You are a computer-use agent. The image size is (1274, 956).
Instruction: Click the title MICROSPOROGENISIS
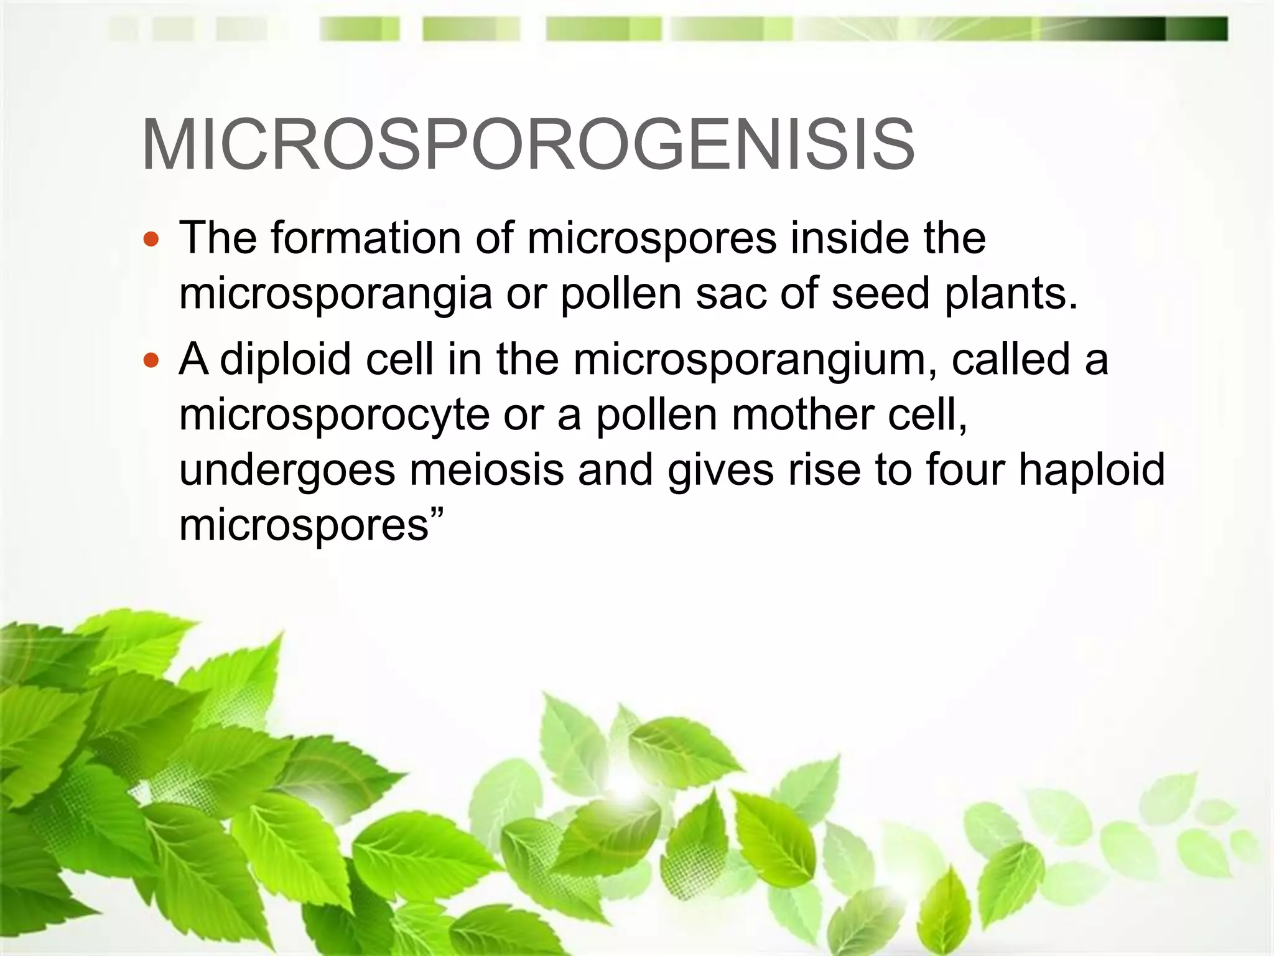(x=528, y=144)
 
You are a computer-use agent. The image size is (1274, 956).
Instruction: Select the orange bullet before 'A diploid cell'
(x=151, y=360)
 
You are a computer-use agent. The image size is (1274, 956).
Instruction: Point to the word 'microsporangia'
(x=335, y=294)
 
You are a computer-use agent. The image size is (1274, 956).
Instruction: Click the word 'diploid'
(x=286, y=360)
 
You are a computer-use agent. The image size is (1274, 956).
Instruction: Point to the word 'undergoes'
(x=287, y=471)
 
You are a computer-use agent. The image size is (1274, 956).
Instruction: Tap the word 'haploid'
(x=1092, y=470)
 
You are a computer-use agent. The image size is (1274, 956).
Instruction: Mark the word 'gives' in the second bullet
(x=721, y=471)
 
